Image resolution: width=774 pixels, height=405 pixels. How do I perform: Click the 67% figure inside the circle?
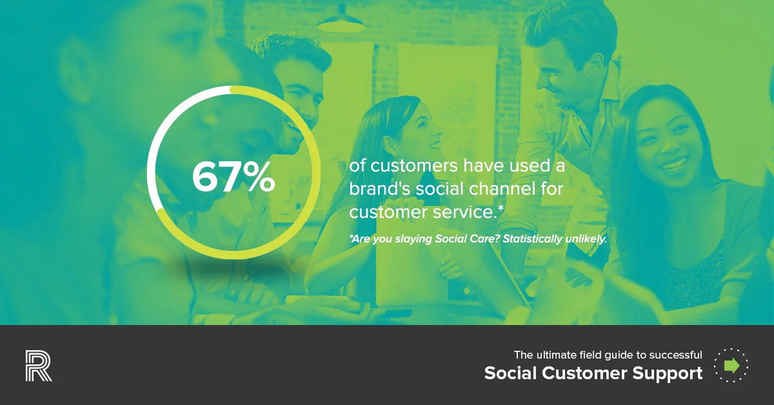click(233, 178)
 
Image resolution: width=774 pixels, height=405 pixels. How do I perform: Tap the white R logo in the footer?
click(38, 366)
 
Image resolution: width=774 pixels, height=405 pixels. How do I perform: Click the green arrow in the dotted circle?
click(731, 366)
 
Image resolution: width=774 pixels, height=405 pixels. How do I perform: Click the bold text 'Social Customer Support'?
click(593, 373)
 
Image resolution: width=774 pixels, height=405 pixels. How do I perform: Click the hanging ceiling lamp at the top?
click(341, 23)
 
